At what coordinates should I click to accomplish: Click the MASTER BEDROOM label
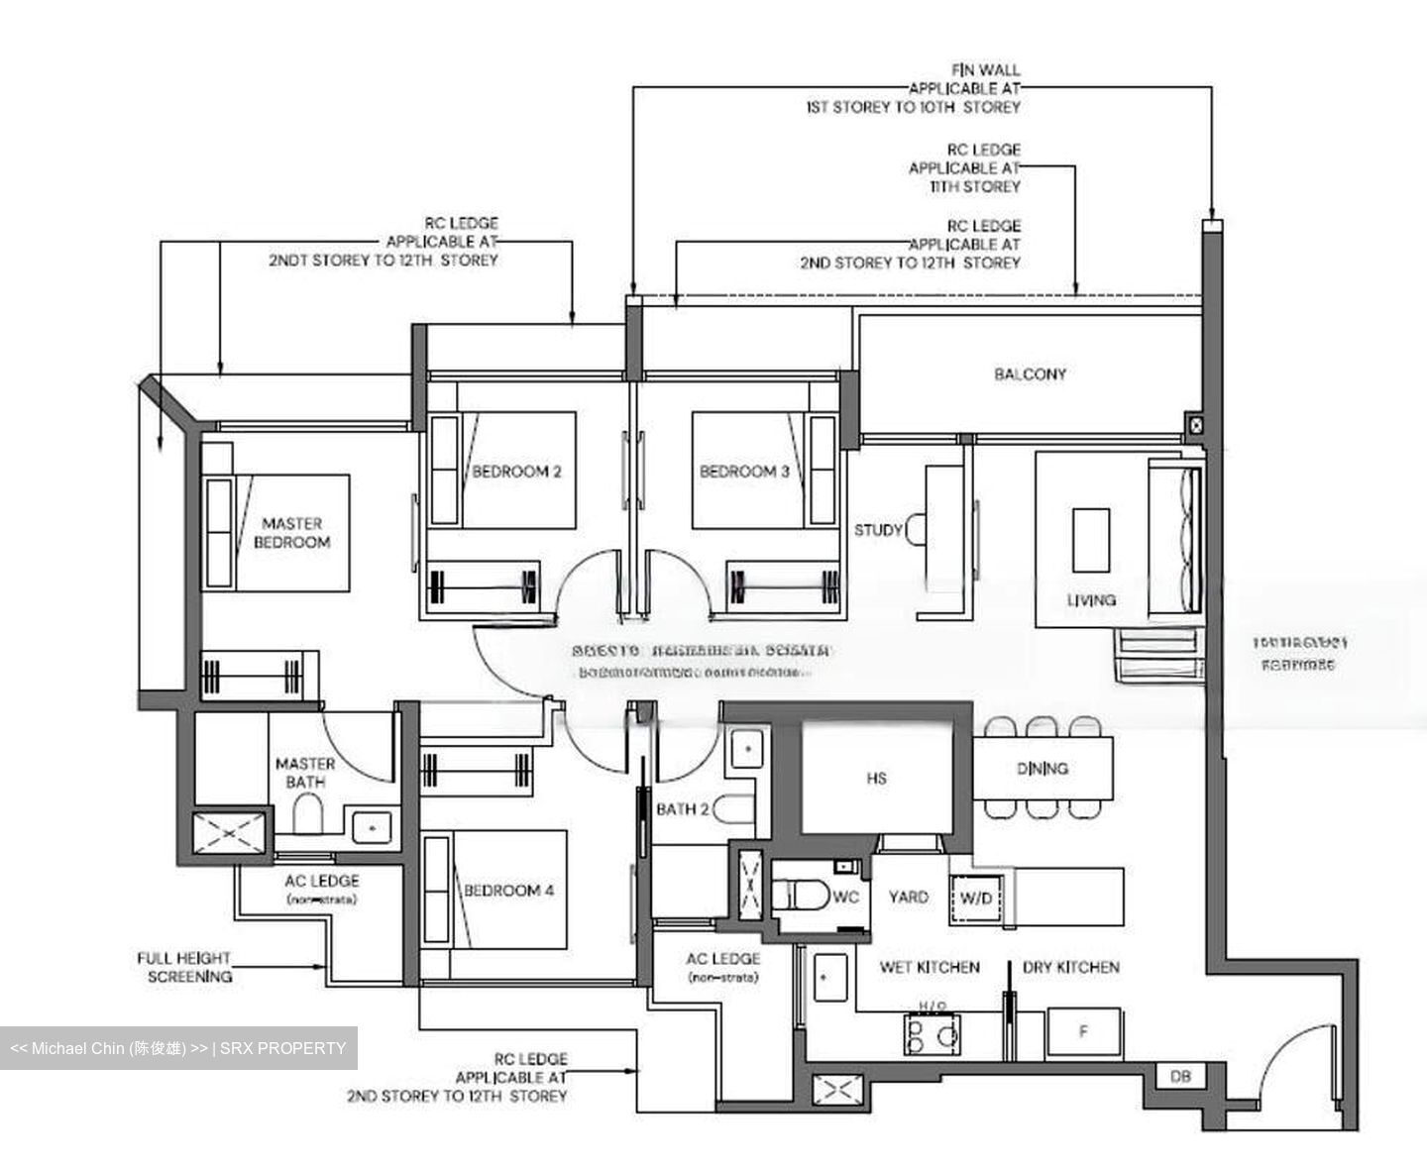tap(291, 533)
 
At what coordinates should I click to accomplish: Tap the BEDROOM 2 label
tap(516, 472)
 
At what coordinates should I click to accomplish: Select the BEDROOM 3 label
tap(744, 472)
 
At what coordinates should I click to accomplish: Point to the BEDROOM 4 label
tap(509, 891)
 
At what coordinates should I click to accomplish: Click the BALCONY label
tap(1030, 374)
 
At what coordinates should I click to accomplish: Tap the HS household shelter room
tap(877, 779)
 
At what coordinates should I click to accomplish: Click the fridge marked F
tap(1083, 1032)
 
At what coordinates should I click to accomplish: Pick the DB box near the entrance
tap(1179, 1077)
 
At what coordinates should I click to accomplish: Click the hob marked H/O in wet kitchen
tap(932, 1034)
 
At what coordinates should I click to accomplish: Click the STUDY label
tap(878, 530)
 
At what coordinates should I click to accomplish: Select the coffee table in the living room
tap(1091, 540)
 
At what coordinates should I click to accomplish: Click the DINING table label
tap(1042, 768)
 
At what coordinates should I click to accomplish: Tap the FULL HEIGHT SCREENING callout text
tap(184, 968)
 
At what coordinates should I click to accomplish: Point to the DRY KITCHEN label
tap(1070, 967)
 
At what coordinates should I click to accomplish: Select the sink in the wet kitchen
tap(826, 978)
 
